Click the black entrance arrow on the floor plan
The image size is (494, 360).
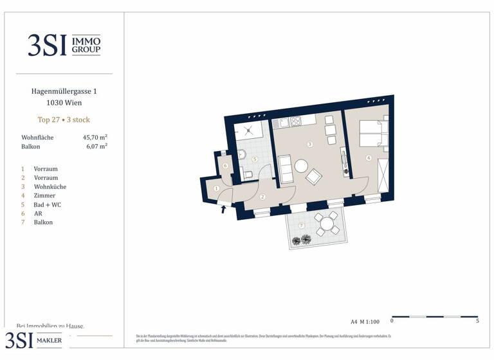coord(224,209)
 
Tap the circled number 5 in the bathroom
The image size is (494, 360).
coord(254,159)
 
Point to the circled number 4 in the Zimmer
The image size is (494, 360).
coord(369,157)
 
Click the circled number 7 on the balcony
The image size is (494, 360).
coord(302,225)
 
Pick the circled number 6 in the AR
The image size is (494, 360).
coord(224,165)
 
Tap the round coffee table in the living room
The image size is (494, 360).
coord(301,166)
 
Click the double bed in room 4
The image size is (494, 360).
coord(372,134)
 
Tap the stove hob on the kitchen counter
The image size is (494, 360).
coord(296,121)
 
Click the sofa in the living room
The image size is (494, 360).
coord(285,168)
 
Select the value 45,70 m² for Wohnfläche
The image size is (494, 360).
coord(95,138)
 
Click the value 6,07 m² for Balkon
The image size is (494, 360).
coord(96,147)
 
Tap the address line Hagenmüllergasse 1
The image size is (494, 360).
coord(64,91)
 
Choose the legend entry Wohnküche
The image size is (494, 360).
coord(50,186)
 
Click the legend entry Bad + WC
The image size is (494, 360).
coord(48,204)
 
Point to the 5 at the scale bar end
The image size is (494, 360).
coord(477,321)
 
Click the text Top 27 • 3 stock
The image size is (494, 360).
coord(64,120)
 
